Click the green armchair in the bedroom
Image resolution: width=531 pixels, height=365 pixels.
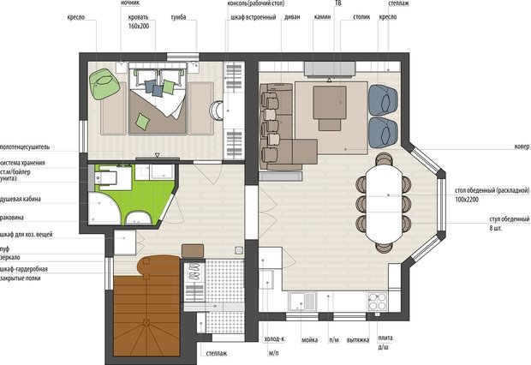[104, 84]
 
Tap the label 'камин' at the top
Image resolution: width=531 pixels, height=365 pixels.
[322, 17]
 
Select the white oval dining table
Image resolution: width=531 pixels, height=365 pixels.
[384, 203]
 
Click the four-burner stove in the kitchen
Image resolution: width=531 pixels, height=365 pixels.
[377, 302]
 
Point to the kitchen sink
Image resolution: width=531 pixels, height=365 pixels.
[302, 302]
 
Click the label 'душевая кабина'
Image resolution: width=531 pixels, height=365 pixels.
[21, 199]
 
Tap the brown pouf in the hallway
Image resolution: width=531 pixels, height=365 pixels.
[193, 251]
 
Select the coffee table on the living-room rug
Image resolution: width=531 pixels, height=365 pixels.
[330, 102]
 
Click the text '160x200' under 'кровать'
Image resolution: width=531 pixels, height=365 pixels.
[139, 26]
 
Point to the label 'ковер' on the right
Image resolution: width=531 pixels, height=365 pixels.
[522, 147]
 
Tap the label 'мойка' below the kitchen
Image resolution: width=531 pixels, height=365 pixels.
[309, 339]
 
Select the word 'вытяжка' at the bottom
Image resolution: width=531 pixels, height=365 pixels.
[358, 339]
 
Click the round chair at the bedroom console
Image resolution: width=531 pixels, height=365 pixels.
[216, 111]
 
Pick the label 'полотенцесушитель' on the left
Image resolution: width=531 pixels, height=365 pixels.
[25, 147]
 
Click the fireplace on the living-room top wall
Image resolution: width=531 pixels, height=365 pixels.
[330, 69]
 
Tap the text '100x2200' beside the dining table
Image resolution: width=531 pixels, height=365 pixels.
[467, 200]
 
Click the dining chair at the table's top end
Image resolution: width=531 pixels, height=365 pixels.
[384, 159]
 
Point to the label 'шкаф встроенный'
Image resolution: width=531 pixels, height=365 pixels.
[254, 17]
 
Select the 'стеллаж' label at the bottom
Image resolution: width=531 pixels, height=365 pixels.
[217, 354]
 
